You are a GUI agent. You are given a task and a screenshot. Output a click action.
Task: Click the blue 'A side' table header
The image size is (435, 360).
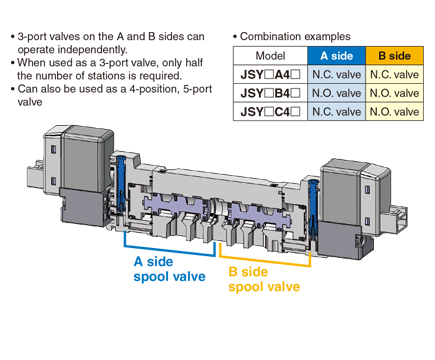[336, 56]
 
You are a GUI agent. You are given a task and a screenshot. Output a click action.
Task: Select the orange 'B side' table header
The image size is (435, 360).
[394, 56]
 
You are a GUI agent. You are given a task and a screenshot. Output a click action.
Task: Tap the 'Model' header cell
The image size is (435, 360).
[270, 56]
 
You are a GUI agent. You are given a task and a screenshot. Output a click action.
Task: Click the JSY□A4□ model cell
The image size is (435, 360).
[270, 74]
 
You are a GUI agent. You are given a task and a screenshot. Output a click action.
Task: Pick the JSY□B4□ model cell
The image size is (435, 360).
[270, 93]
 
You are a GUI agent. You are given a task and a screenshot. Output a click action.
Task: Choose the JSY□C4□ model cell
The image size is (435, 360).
[270, 112]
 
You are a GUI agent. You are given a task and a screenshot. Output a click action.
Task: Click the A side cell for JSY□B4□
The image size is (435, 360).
[336, 93]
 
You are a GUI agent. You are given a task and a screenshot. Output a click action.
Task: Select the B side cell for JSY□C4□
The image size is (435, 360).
[394, 112]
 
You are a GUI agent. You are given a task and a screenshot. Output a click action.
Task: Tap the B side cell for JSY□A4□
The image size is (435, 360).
[394, 74]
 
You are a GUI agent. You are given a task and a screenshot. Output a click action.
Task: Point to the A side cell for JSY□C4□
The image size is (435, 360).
[336, 112]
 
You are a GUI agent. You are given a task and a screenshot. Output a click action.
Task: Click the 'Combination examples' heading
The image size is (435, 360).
[295, 36]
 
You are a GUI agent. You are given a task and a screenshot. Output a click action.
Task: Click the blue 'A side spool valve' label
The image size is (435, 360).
[169, 269]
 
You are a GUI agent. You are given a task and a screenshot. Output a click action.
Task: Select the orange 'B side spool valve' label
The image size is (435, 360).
[264, 280]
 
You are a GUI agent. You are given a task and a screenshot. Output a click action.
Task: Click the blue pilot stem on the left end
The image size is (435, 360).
[121, 183]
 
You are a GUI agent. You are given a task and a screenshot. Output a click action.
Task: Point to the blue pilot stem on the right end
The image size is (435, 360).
[313, 208]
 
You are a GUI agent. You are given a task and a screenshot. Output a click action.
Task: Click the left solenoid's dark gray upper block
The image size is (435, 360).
[87, 160]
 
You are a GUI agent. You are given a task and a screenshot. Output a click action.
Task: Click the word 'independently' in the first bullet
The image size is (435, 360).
[92, 50]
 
